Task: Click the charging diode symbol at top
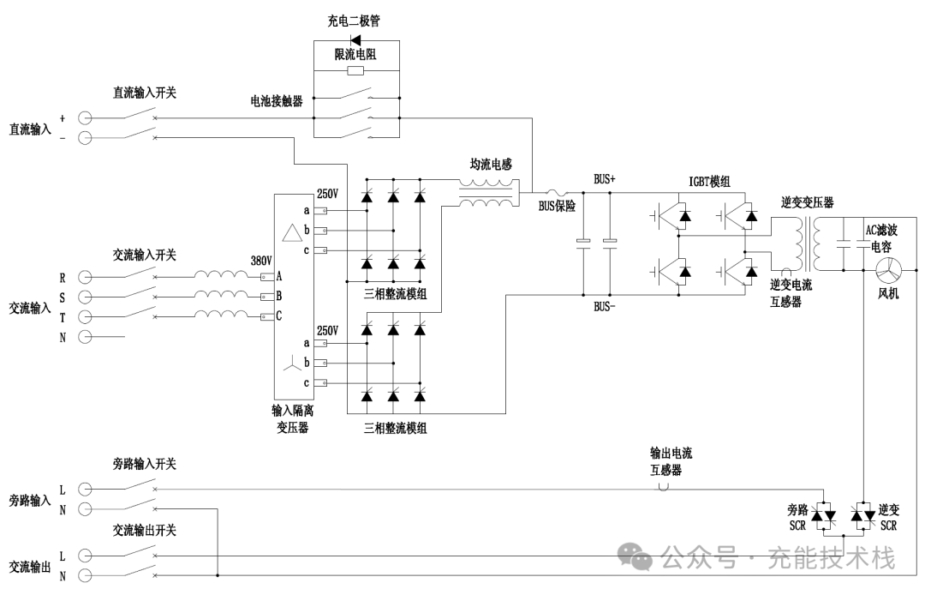tap(356, 39)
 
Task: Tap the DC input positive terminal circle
tap(85, 117)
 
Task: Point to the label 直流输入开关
tap(145, 91)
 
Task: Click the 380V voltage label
tap(260, 261)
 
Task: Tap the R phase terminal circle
tap(85, 277)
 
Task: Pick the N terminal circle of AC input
tap(85, 336)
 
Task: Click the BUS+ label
tap(605, 180)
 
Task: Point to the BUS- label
tap(605, 306)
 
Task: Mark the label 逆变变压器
tap(807, 203)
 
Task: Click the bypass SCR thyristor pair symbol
tap(824, 514)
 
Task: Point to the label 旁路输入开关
tap(145, 464)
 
